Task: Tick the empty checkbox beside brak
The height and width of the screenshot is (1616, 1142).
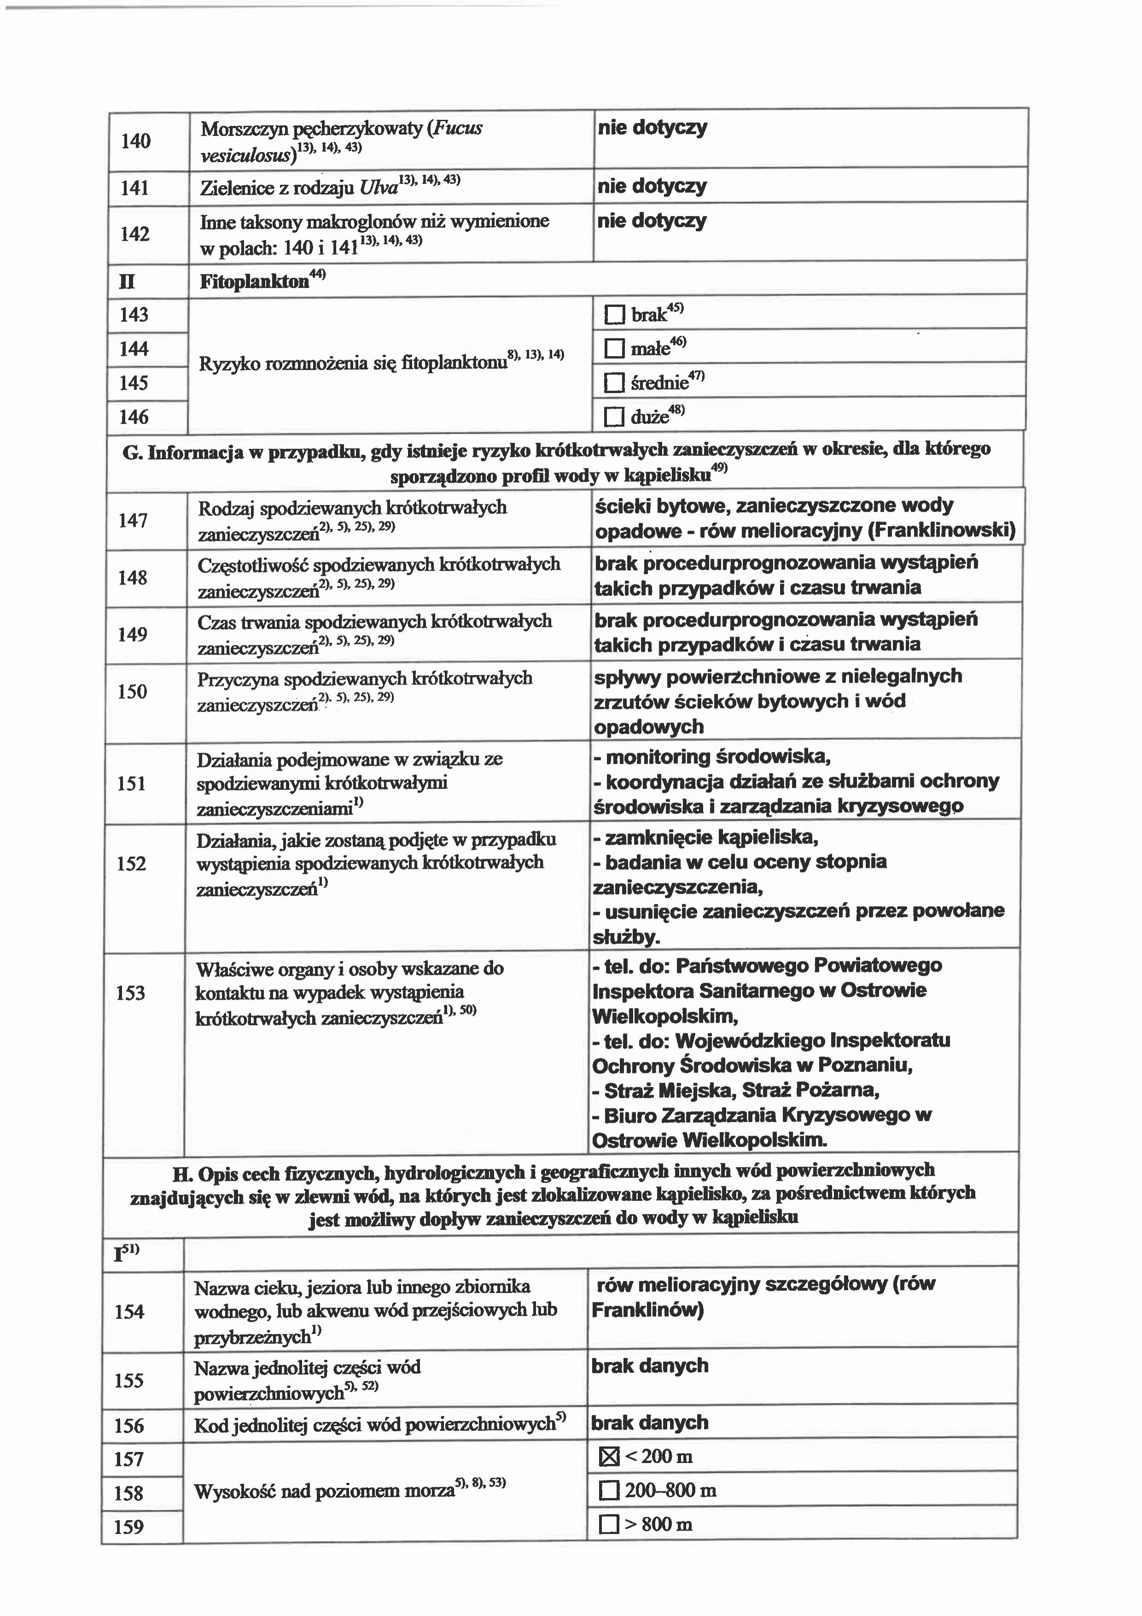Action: tap(614, 315)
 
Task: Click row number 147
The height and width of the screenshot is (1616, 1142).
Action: tap(133, 521)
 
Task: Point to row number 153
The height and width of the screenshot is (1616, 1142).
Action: tap(130, 993)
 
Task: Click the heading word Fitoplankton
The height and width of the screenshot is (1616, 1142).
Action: tap(254, 282)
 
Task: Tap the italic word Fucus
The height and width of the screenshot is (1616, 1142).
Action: tap(458, 129)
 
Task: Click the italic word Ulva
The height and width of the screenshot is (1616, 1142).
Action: tap(379, 188)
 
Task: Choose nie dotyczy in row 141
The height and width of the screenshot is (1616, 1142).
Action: tap(652, 187)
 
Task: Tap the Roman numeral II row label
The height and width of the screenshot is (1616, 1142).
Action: tap(128, 282)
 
